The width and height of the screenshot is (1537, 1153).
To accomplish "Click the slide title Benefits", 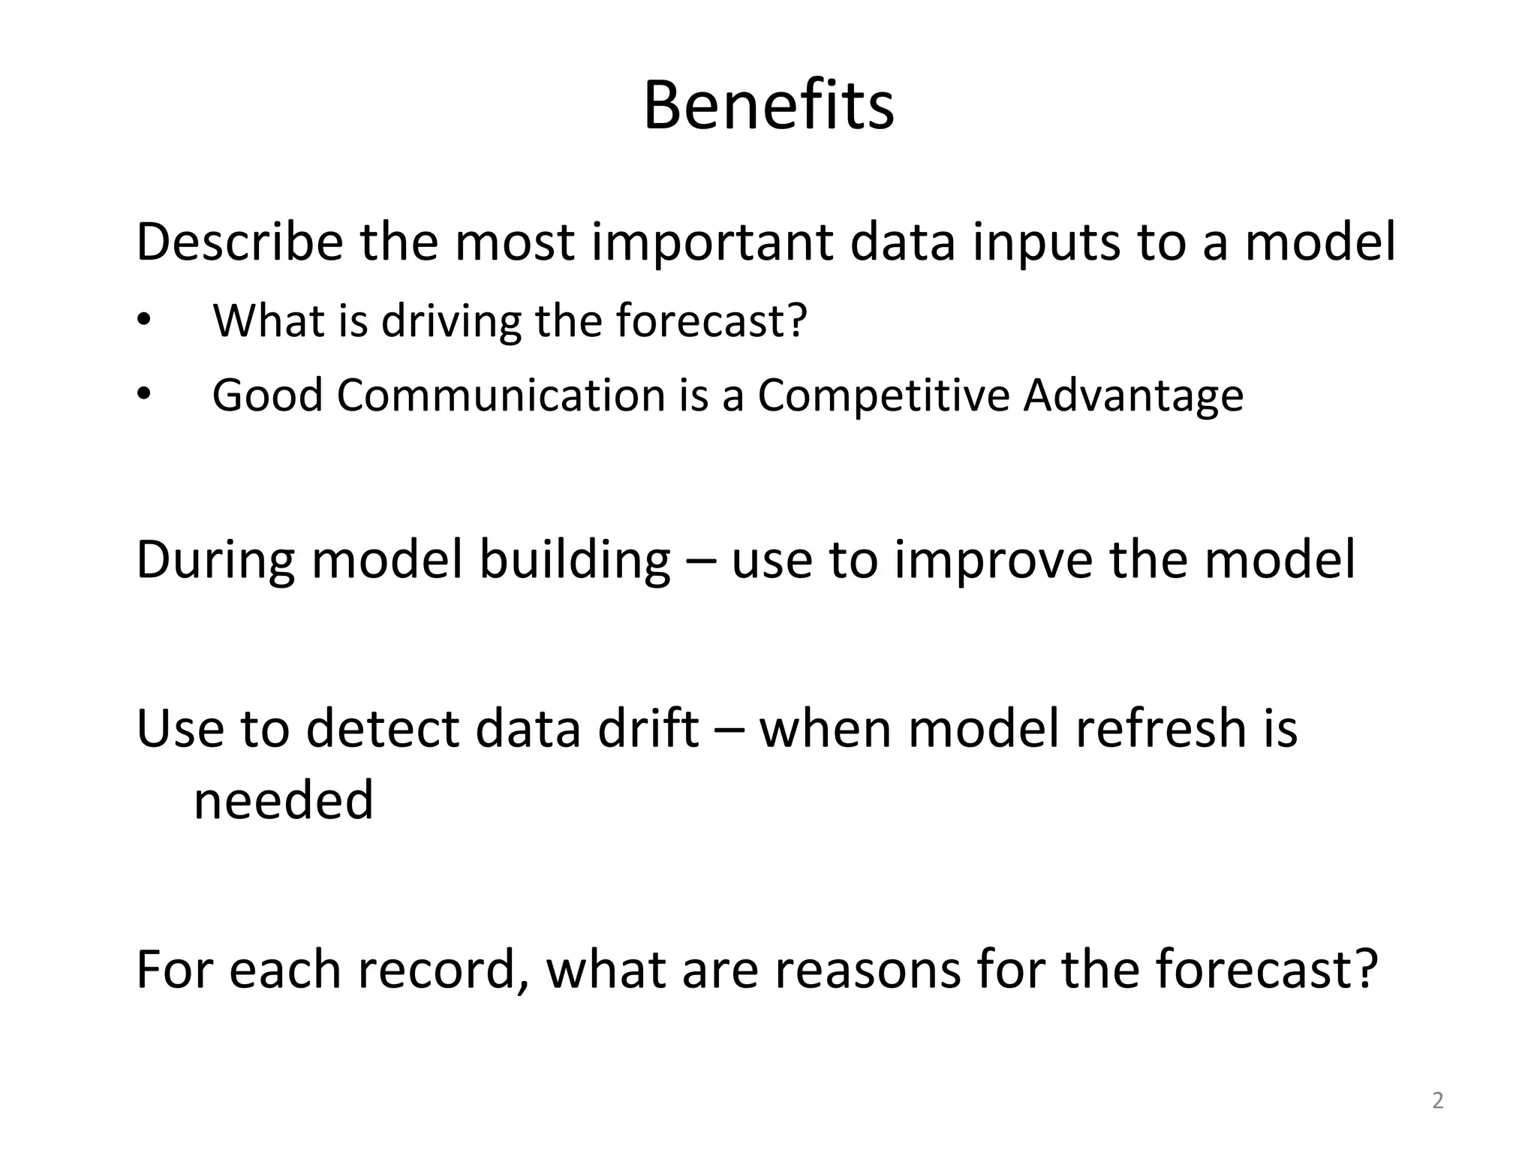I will pyautogui.click(x=768, y=107).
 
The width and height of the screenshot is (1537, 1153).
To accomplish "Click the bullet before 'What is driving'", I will pyautogui.click(x=144, y=321).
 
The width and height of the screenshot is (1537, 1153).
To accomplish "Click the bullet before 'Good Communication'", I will pyautogui.click(x=144, y=395).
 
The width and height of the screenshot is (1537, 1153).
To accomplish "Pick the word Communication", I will pyautogui.click(x=501, y=395).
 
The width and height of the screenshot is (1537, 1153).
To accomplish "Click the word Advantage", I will pyautogui.click(x=1132, y=396).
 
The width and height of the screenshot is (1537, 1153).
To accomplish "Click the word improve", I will pyautogui.click(x=994, y=562).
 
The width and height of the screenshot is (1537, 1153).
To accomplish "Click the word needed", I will pyautogui.click(x=283, y=800).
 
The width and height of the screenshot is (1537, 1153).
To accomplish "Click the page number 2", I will pyautogui.click(x=1437, y=1101).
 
